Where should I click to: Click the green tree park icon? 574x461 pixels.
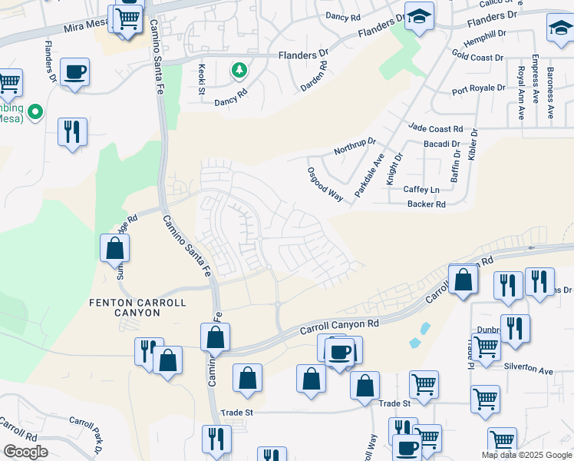pyautogui.click(x=239, y=71)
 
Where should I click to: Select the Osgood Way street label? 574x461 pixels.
pyautogui.click(x=325, y=184)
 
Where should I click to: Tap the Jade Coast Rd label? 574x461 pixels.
pyautogui.click(x=436, y=129)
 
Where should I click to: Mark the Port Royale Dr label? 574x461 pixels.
pyautogui.click(x=480, y=90)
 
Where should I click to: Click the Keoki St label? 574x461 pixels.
pyautogui.click(x=203, y=79)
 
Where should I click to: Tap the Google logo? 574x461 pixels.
pyautogui.click(x=25, y=452)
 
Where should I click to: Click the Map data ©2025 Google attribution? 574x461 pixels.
pyautogui.click(x=526, y=455)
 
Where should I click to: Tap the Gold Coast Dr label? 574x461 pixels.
pyautogui.click(x=477, y=57)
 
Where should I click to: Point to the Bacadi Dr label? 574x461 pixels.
pyautogui.click(x=441, y=144)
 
